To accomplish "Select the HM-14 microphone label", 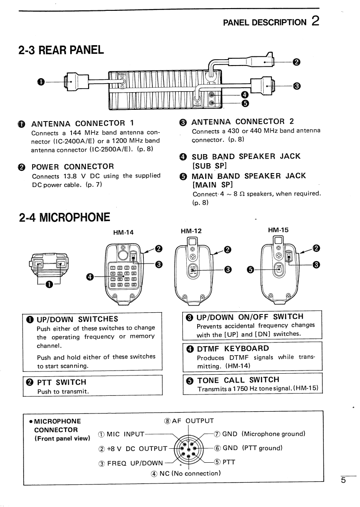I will [123, 232].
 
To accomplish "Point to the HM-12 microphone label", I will [191, 230].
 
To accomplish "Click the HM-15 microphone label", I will [278, 230].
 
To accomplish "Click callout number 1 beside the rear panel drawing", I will [41, 81].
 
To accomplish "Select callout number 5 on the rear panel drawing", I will [245, 103].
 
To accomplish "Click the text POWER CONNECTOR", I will [72, 166].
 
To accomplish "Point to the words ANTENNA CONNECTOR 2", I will [243, 121].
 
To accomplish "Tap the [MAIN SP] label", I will [212, 184].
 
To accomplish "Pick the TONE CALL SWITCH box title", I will [238, 380].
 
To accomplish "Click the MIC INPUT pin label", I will [121, 435].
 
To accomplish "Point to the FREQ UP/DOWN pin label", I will [131, 463].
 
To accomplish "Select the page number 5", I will [343, 480].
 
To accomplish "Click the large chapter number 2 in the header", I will [315, 21].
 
